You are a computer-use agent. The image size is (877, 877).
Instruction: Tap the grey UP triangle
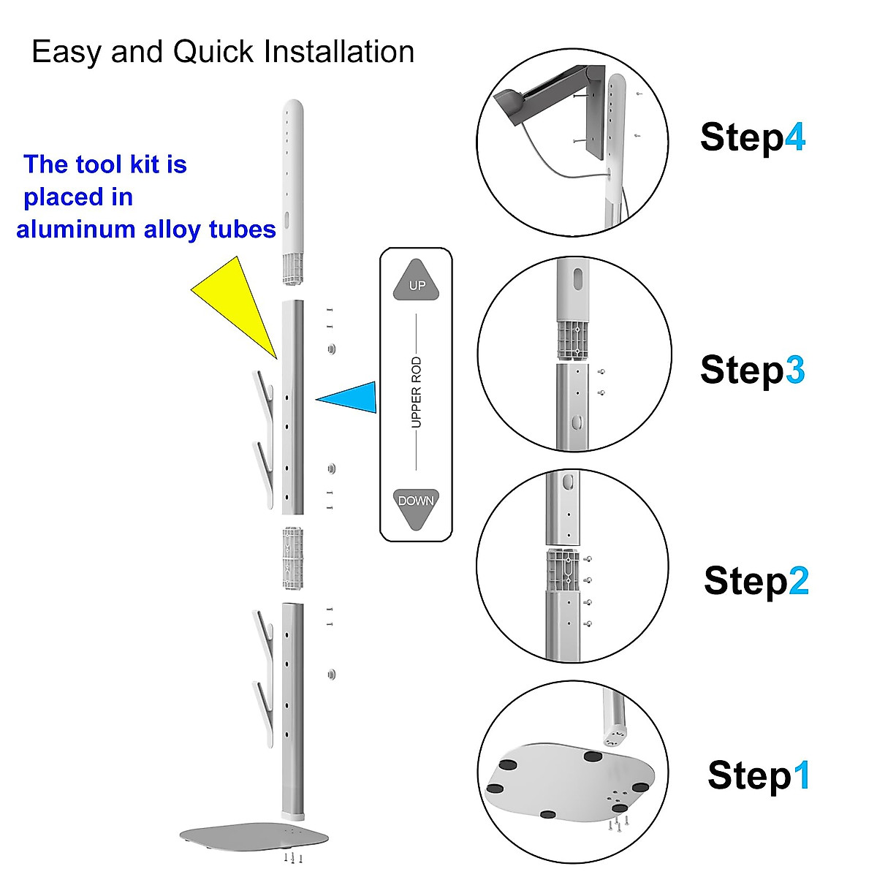(x=417, y=281)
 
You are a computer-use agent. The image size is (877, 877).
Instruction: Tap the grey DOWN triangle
(x=416, y=506)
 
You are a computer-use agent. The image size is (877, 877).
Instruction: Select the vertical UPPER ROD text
(x=416, y=393)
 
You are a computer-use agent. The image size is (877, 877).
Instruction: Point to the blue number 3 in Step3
(x=794, y=370)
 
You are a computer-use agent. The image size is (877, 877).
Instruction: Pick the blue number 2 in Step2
(x=798, y=582)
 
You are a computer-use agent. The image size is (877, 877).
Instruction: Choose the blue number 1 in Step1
(x=802, y=775)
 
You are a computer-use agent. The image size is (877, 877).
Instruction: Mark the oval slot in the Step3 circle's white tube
(x=578, y=279)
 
